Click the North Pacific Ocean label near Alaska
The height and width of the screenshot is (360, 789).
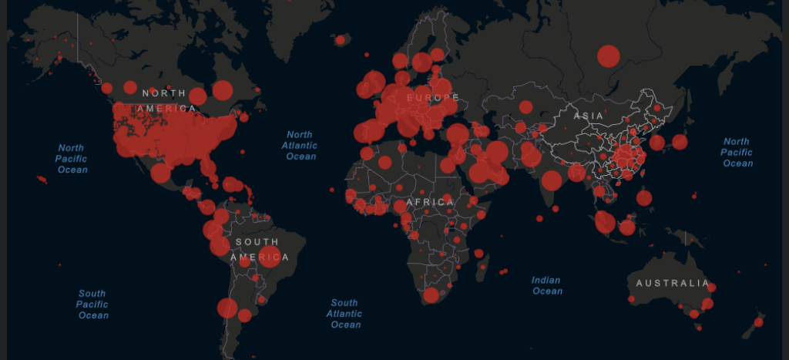click(x=72, y=159)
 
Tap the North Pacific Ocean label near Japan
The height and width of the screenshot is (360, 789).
click(x=737, y=153)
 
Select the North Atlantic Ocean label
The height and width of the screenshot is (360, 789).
click(x=300, y=146)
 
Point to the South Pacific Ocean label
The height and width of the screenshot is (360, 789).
click(x=92, y=304)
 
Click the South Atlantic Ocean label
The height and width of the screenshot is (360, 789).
click(x=344, y=314)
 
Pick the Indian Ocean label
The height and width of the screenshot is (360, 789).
click(x=546, y=286)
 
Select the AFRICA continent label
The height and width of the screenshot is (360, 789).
click(x=429, y=202)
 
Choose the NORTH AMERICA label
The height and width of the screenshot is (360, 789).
click(x=167, y=101)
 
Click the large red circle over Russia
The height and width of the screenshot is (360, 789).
click(x=608, y=56)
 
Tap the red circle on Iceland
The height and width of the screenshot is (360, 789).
click(x=340, y=39)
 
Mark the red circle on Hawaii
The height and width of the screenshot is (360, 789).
click(x=42, y=180)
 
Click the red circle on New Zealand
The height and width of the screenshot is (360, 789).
click(x=758, y=321)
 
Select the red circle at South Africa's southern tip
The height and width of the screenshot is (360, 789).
click(x=431, y=295)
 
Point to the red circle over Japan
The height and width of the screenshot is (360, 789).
click(x=679, y=142)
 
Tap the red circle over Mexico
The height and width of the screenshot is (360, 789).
click(x=160, y=173)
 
